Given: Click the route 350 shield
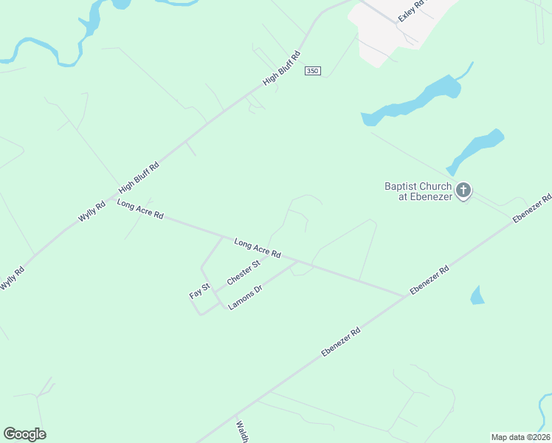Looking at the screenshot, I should (x=312, y=71).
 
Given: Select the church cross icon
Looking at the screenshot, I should (x=463, y=190).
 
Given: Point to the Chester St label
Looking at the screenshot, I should (x=244, y=272).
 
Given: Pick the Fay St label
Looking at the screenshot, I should (x=200, y=290).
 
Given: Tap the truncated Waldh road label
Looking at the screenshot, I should (x=242, y=431).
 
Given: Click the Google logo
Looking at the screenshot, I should (x=24, y=434).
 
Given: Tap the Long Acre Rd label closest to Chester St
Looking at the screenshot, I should (x=258, y=247).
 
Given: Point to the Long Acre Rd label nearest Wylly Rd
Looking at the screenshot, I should (x=139, y=209).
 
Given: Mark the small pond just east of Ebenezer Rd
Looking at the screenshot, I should (x=477, y=295).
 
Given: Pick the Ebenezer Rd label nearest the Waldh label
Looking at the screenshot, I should (x=341, y=343).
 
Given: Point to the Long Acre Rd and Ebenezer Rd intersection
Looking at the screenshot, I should (x=404, y=296).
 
